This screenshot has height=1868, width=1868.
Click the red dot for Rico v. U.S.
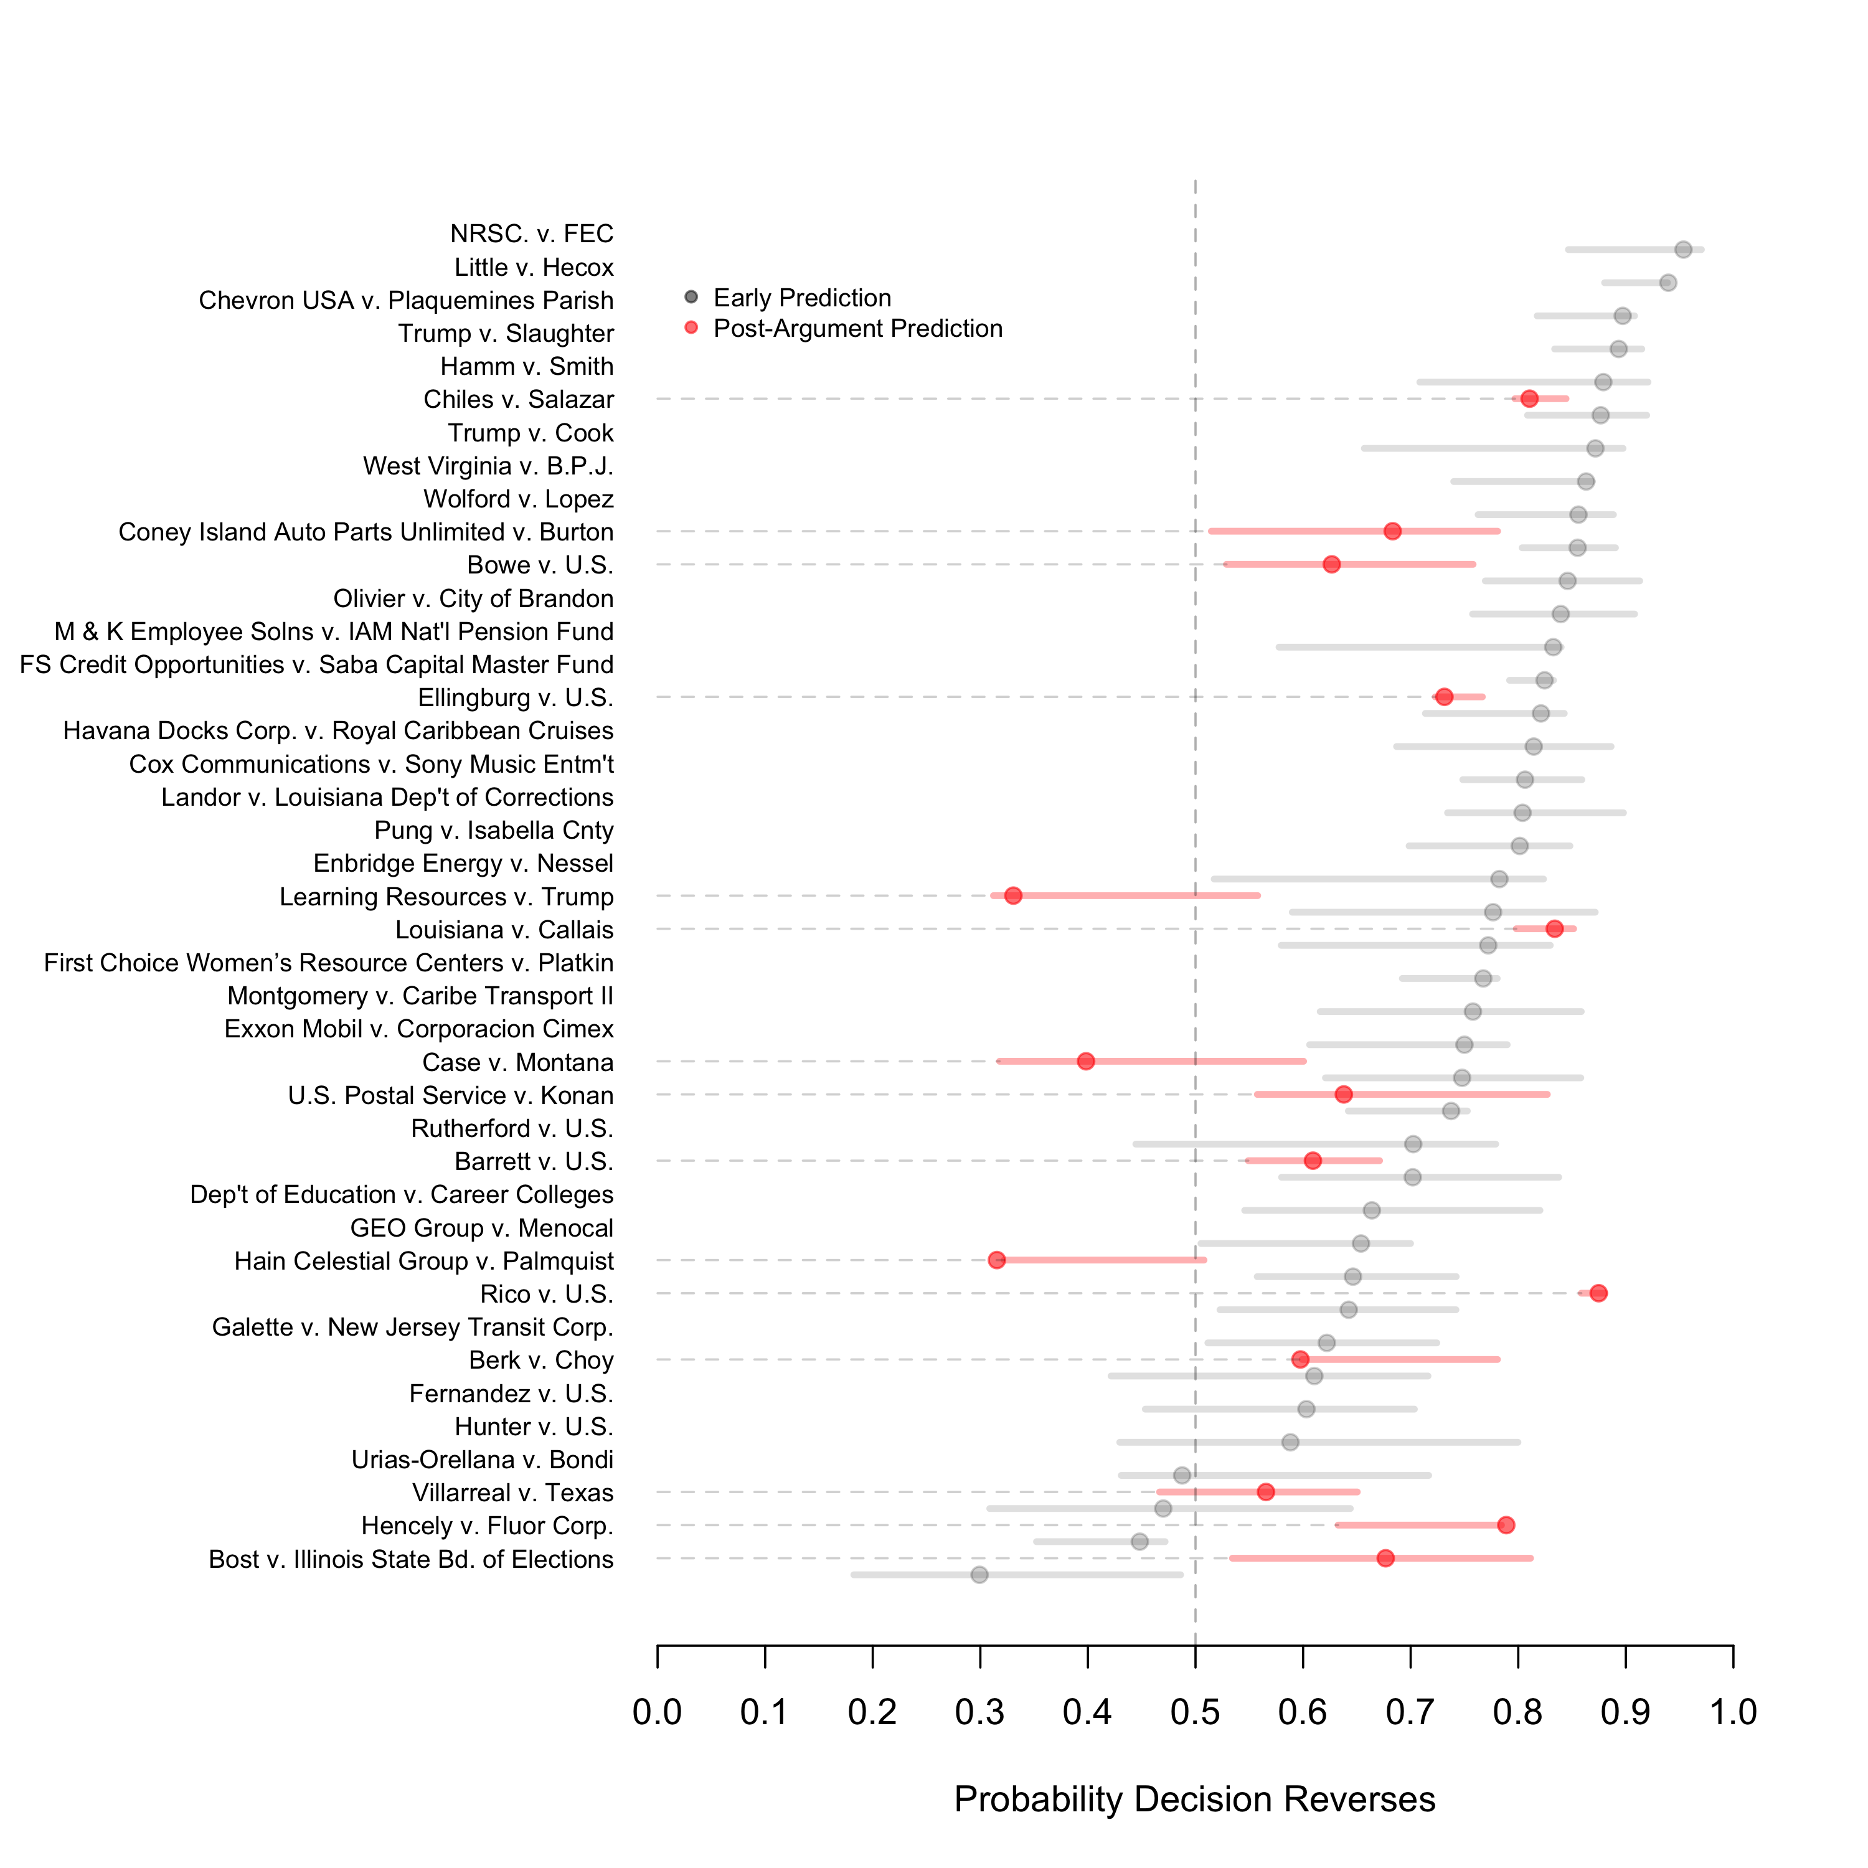click(x=1598, y=1293)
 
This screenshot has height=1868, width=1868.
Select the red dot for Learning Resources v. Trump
click(x=1012, y=895)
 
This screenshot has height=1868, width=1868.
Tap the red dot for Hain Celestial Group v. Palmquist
click(x=997, y=1260)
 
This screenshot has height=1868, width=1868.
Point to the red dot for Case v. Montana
click(x=1086, y=1060)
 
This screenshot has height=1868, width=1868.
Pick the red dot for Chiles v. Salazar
click(x=1529, y=399)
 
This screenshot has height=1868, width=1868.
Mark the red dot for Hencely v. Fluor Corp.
click(x=1506, y=1525)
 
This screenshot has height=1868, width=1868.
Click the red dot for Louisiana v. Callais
click(x=1554, y=928)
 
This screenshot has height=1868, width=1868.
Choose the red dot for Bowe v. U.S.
click(x=1331, y=564)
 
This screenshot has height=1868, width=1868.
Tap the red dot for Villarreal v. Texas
click(x=1266, y=1492)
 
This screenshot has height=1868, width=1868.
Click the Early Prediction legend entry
click(x=801, y=298)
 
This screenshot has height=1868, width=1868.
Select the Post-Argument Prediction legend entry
click(x=857, y=329)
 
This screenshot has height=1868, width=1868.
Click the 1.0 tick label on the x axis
click(x=1733, y=1712)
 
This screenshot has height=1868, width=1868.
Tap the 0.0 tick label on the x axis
click(x=658, y=1712)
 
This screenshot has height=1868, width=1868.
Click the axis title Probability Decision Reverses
click(x=1194, y=1800)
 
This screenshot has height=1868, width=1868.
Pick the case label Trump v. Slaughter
click(x=506, y=334)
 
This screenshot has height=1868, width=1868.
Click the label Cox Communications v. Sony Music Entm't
click(x=371, y=764)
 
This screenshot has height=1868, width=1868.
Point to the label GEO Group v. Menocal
click(x=481, y=1228)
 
